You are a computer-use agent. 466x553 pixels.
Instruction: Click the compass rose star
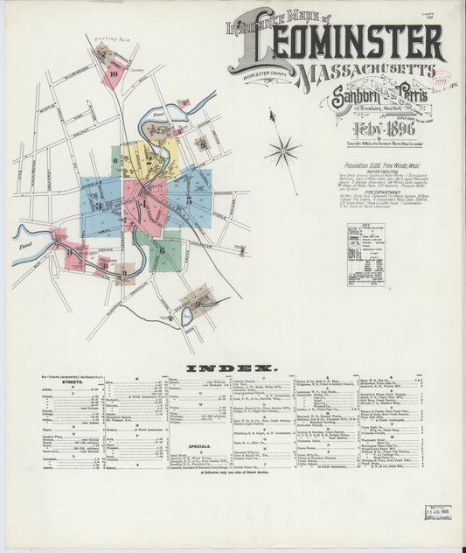[x=282, y=150]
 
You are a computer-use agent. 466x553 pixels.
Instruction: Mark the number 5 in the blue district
[x=189, y=199]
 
